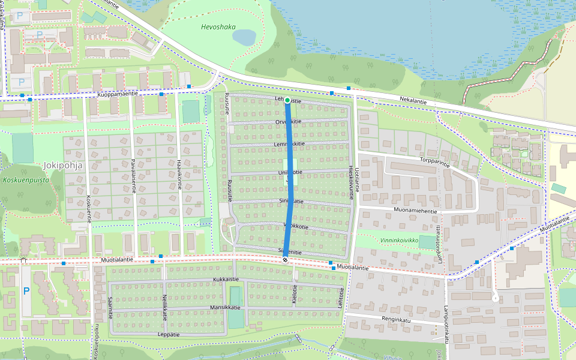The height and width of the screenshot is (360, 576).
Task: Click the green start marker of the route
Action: coord(287,100)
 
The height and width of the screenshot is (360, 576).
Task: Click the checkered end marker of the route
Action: coord(285,259)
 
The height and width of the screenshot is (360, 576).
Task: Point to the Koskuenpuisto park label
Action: coord(25,179)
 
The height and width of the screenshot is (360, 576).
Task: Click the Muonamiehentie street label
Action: coord(415,210)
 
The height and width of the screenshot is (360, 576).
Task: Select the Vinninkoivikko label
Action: coord(399,239)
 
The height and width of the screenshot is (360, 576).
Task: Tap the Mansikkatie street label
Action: coord(225,307)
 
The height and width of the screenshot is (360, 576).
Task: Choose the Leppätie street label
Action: coord(169,334)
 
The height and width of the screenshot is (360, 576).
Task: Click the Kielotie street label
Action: coord(295,294)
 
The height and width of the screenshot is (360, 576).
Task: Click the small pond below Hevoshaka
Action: coord(244,38)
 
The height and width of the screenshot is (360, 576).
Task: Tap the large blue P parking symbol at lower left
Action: coord(26,291)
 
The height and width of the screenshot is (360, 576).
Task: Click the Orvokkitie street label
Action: coord(288,121)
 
